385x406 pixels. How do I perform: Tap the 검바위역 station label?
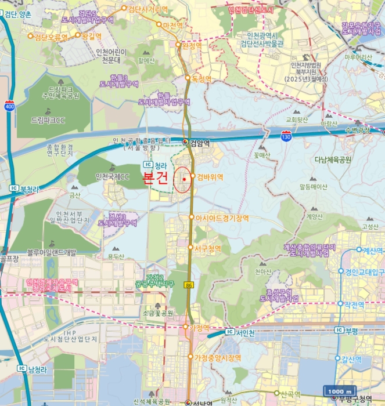[210, 176]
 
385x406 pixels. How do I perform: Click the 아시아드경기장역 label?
[222, 218]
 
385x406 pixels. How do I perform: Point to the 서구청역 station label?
[208, 248]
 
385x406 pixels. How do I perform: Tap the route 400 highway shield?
[9, 107]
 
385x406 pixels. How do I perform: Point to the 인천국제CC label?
[112, 176]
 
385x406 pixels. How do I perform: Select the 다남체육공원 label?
[333, 159]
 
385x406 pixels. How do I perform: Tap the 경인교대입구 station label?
[365, 271]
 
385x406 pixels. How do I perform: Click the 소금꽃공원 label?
[157, 313]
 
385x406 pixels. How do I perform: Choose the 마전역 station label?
[173, 26]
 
